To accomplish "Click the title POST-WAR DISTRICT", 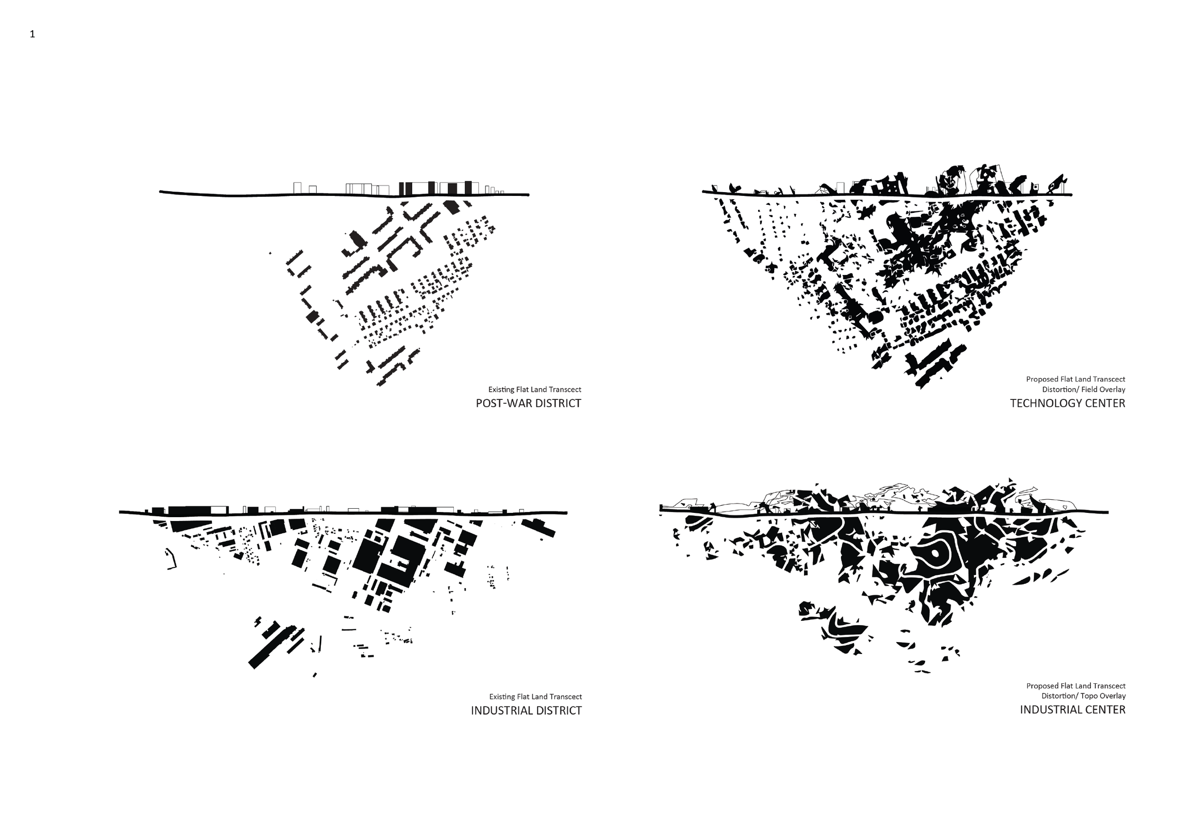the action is point(528,404).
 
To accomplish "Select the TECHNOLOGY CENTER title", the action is point(1068,404).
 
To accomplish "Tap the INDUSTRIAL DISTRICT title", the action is point(526,711).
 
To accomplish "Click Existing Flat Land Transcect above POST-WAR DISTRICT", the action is point(535,389).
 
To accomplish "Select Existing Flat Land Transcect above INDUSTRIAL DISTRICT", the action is point(536,697).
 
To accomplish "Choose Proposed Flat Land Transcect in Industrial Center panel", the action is point(1076,686).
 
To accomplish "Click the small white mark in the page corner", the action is point(33,35).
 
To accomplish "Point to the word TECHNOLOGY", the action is point(1047,404).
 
